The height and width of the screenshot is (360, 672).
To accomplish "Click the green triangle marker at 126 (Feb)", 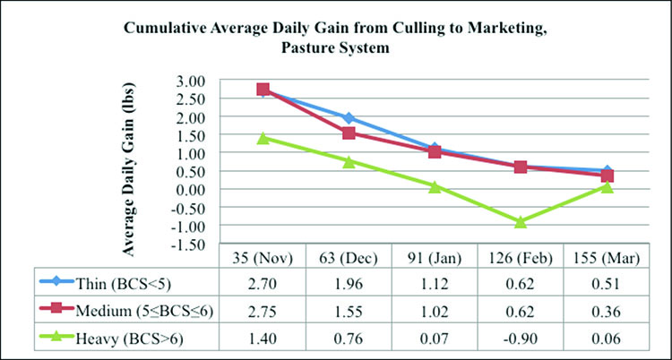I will pyautogui.click(x=521, y=221).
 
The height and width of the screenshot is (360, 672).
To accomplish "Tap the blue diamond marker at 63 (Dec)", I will pyautogui.click(x=349, y=118).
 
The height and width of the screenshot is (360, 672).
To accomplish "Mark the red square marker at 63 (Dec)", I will pyautogui.click(x=349, y=133).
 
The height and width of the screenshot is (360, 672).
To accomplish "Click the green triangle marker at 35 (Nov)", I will pyautogui.click(x=263, y=138).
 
